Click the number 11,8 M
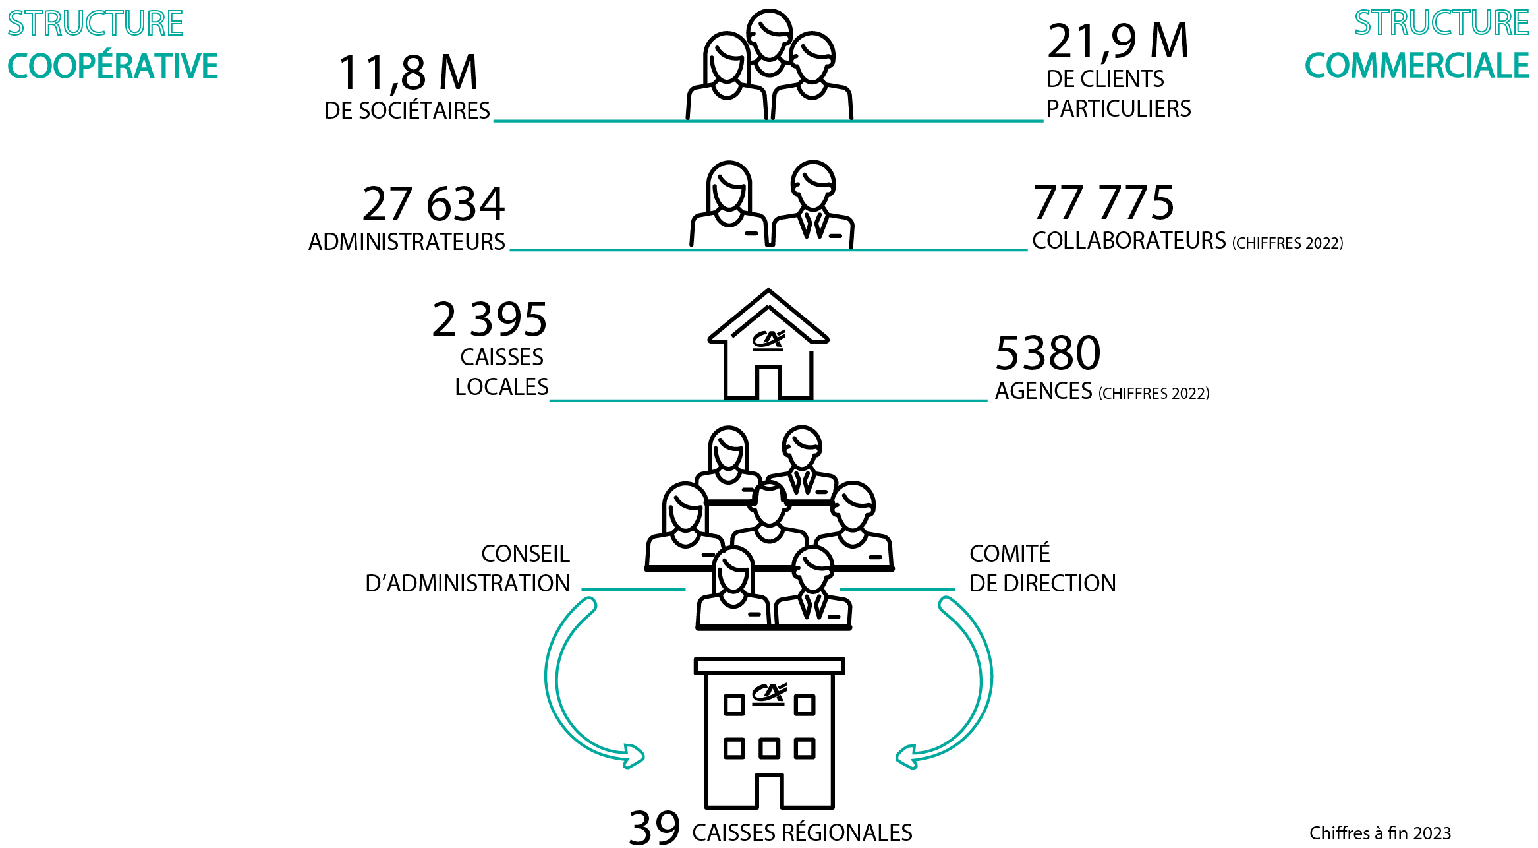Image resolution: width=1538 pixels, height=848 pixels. pyautogui.click(x=408, y=73)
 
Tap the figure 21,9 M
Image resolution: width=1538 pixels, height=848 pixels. pyautogui.click(x=1118, y=42)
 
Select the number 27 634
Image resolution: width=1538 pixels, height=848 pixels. pyautogui.click(x=434, y=204)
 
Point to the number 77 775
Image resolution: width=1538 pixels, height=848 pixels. pyautogui.click(x=1104, y=203)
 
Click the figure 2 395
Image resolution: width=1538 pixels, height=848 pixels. pyautogui.click(x=490, y=320)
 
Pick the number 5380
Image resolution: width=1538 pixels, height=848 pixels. pyautogui.click(x=1048, y=353)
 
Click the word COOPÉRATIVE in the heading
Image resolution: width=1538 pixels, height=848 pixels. pyautogui.click(x=113, y=67)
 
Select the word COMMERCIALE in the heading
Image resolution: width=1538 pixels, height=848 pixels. pyautogui.click(x=1417, y=66)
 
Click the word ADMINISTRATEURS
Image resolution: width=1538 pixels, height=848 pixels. pyautogui.click(x=407, y=242)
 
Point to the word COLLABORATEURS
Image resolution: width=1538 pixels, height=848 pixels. pyautogui.click(x=1129, y=241)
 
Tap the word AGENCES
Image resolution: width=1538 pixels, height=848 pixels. pyautogui.click(x=1043, y=391)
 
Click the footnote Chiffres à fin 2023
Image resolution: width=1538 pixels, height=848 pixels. pyautogui.click(x=1380, y=833)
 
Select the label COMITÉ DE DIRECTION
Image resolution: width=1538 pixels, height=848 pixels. pyautogui.click(x=1042, y=568)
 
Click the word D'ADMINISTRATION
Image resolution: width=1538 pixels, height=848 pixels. pyautogui.click(x=467, y=584)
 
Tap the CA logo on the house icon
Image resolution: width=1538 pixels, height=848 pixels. pyautogui.click(x=768, y=339)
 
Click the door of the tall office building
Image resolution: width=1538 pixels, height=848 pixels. pyautogui.click(x=769, y=791)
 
